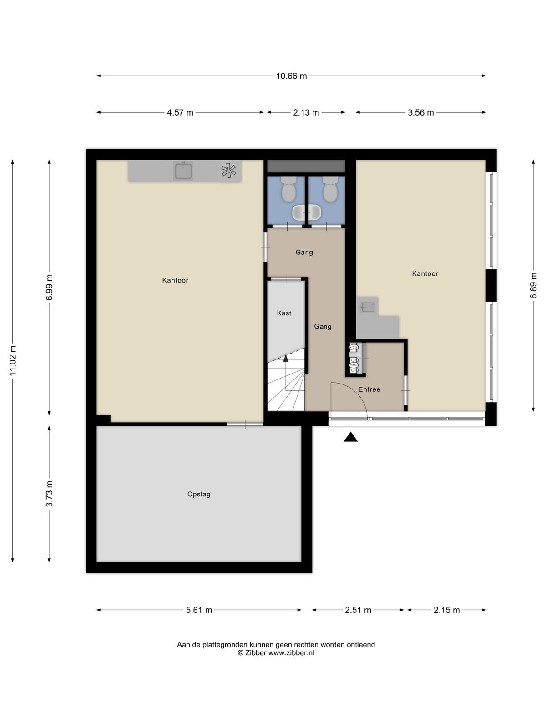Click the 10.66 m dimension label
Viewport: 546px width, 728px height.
tap(291, 76)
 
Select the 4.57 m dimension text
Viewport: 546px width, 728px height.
tap(180, 112)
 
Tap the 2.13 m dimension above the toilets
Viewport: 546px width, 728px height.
tap(306, 112)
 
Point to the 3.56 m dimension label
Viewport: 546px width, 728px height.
tap(421, 112)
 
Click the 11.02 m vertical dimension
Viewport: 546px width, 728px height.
tap(13, 360)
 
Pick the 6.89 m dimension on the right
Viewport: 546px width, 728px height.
tap(533, 286)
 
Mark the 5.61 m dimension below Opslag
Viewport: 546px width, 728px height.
tap(199, 610)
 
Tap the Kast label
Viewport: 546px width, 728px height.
tap(284, 313)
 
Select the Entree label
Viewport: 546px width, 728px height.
tap(369, 389)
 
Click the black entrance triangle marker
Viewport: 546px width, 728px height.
tap(350, 437)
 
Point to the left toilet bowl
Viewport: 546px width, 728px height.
tap(288, 189)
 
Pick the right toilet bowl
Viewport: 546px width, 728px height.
tap(330, 189)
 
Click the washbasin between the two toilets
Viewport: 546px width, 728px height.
tap(307, 212)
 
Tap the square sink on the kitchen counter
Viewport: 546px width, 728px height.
tap(183, 171)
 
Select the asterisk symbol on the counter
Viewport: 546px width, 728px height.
tap(229, 171)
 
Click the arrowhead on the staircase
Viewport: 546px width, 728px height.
tap(286, 358)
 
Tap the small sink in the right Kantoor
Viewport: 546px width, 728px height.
tap(368, 307)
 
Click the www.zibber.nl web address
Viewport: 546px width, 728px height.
tap(291, 653)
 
